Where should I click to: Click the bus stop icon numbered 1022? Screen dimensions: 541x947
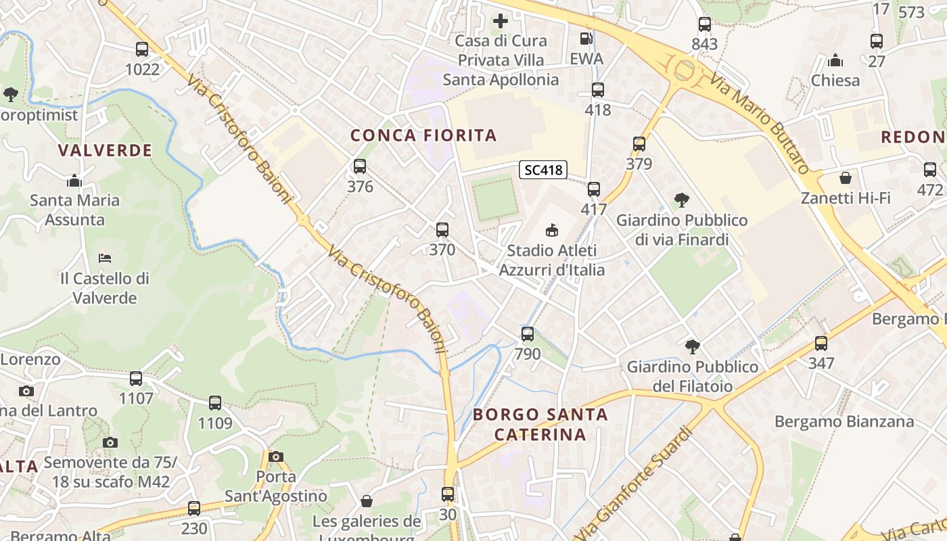pyautogui.click(x=142, y=49)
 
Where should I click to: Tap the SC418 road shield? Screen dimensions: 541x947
pyautogui.click(x=543, y=170)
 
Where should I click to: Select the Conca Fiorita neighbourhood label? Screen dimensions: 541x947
pyautogui.click(x=423, y=135)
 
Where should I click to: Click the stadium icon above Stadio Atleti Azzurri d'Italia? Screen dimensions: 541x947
pyautogui.click(x=552, y=230)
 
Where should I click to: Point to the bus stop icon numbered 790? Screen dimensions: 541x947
pyautogui.click(x=528, y=333)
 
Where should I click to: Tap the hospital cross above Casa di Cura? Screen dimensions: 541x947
pyautogui.click(x=501, y=21)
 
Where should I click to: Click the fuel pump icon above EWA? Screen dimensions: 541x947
pyautogui.click(x=586, y=39)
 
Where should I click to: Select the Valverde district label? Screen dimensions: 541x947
pyautogui.click(x=105, y=150)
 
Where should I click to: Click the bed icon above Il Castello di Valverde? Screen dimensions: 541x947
pyautogui.click(x=104, y=258)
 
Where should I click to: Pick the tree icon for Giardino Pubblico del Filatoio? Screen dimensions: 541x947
pyautogui.click(x=692, y=346)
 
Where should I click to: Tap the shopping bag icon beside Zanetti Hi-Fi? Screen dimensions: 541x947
pyautogui.click(x=845, y=178)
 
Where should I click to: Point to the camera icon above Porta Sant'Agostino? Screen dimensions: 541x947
pyautogui.click(x=275, y=456)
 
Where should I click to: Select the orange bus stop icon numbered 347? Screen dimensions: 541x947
pyautogui.click(x=821, y=343)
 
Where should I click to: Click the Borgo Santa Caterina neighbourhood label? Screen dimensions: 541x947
pyautogui.click(x=540, y=424)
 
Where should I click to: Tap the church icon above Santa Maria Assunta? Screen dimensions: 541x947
pyautogui.click(x=74, y=181)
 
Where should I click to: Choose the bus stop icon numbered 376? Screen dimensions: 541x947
pyautogui.click(x=360, y=166)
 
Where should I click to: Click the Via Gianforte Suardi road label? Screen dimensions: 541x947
pyautogui.click(x=635, y=480)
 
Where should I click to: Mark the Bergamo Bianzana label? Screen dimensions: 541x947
pyautogui.click(x=844, y=421)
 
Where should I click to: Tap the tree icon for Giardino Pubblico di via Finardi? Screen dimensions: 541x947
pyautogui.click(x=682, y=199)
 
